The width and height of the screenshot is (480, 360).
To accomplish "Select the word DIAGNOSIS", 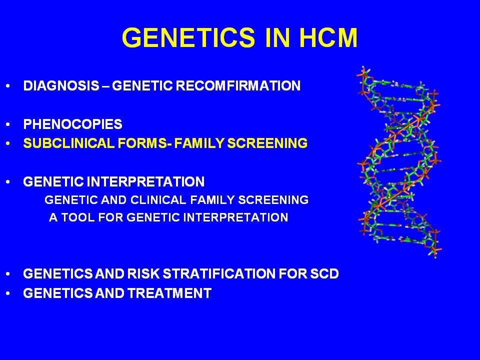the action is click(61, 85).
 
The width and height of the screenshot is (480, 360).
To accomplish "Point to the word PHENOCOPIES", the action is click(72, 124).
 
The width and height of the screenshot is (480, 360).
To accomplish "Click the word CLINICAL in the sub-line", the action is click(158, 200).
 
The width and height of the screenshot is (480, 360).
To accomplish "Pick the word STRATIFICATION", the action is click(219, 273).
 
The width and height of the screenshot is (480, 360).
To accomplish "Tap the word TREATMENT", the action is click(169, 293).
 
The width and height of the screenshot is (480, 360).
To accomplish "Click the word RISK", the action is click(143, 273).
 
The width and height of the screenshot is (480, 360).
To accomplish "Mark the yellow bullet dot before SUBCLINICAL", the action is click(8, 143).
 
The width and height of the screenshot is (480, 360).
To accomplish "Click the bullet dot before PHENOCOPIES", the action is click(8, 124).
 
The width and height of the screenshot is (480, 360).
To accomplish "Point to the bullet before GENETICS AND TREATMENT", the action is click(8, 293).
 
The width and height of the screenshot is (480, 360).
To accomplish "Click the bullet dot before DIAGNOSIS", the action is click(8, 86).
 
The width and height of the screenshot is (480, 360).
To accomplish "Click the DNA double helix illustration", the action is click(399, 162).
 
